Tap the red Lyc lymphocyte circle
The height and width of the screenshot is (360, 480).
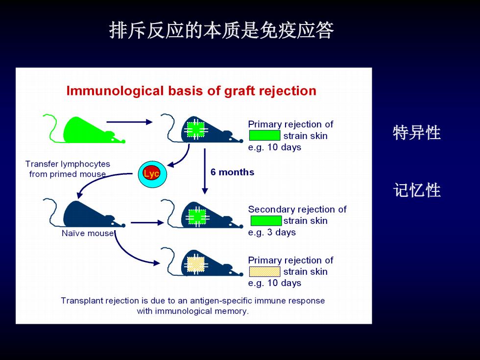pos(151,173)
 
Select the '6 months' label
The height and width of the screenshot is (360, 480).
pos(232,172)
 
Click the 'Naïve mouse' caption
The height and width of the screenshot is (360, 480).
pos(88,233)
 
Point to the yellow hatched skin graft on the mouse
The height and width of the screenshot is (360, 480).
pos(196,264)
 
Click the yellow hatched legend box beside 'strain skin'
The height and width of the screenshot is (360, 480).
pos(264,271)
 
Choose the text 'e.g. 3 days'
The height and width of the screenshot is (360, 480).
pos(272,232)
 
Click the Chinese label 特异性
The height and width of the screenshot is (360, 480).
pos(417,133)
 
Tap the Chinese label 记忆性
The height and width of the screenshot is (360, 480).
pos(417,190)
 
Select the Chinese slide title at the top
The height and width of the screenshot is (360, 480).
pos(221,30)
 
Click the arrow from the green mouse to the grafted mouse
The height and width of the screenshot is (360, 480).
pos(129,122)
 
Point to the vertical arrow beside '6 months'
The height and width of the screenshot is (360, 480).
pos(205,171)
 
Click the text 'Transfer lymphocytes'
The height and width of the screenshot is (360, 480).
pos(68,164)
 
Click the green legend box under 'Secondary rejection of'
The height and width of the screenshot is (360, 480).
pos(265,221)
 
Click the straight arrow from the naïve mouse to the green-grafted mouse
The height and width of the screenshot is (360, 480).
pos(147,222)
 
